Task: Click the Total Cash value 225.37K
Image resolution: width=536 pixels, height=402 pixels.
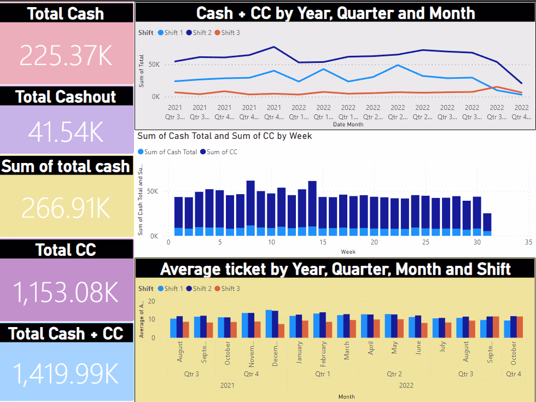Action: pyautogui.click(x=66, y=55)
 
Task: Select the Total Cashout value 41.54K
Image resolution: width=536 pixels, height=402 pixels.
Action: pyautogui.click(x=66, y=132)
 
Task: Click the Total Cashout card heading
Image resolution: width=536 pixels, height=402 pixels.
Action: pyautogui.click(x=66, y=97)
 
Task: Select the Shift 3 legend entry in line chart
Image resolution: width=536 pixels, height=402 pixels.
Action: pyautogui.click(x=226, y=33)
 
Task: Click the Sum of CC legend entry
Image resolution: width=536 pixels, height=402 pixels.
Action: pyautogui.click(x=218, y=152)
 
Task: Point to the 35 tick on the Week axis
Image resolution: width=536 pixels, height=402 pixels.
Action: pyautogui.click(x=528, y=242)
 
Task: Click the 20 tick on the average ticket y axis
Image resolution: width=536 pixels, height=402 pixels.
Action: pyautogui.click(x=152, y=301)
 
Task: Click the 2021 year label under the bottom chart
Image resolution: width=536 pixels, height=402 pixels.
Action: pyautogui.click(x=227, y=386)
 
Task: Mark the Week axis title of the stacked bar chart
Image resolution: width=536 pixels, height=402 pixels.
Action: pyautogui.click(x=348, y=252)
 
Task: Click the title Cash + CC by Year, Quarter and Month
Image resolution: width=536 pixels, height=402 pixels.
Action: pyautogui.click(x=335, y=13)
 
